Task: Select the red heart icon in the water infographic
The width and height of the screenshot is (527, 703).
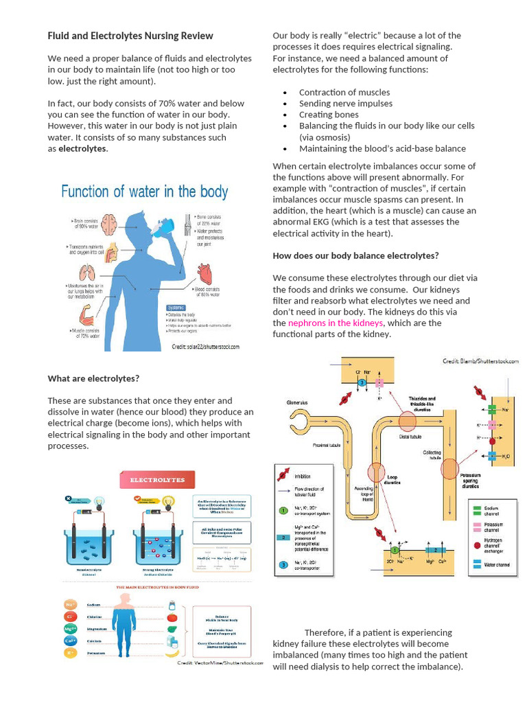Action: [x=205, y=274]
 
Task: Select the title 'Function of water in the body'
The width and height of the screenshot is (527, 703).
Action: [x=145, y=192]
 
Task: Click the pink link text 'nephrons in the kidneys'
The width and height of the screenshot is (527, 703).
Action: [x=336, y=323]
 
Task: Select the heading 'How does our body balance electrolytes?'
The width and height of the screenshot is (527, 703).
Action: [x=355, y=255]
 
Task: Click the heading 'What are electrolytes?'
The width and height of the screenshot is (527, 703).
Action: [x=93, y=378]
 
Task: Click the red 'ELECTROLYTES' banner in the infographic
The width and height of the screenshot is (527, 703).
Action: [x=157, y=480]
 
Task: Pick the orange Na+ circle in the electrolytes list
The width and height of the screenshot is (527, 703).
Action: [x=70, y=605]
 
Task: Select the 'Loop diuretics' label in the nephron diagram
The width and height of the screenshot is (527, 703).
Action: [x=393, y=479]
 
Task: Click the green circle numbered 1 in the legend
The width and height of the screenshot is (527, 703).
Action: [x=282, y=511]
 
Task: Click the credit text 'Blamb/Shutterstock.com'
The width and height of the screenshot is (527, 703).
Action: [x=480, y=361]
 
